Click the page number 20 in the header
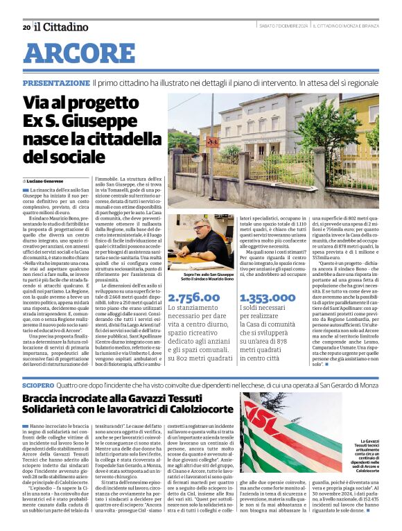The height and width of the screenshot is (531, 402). point(26,27)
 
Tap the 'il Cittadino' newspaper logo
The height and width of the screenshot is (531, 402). point(62,26)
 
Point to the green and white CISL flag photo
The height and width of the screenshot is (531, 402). point(301,433)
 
